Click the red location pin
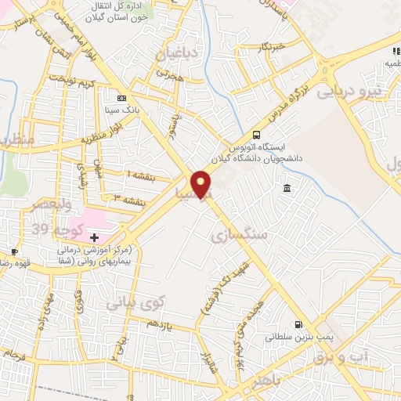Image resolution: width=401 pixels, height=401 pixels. (202, 183)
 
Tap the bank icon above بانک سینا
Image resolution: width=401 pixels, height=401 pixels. (121, 99)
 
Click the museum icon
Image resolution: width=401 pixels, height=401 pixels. (287, 189)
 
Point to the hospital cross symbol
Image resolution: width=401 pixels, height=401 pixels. (95, 237)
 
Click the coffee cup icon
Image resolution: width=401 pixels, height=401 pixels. (13, 252)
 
